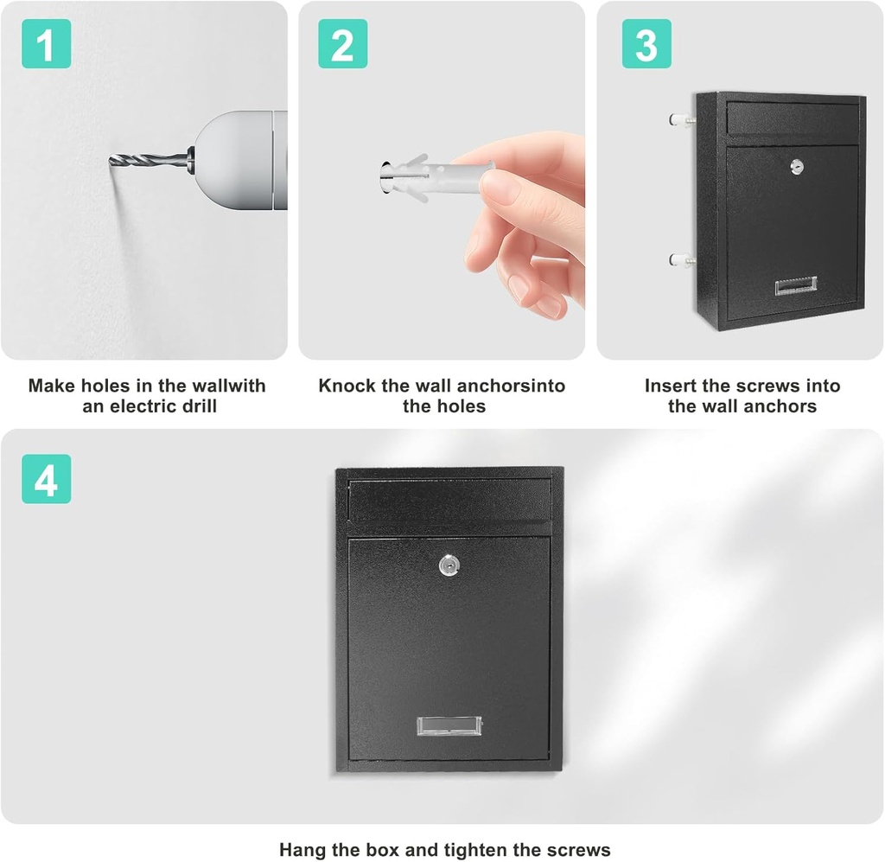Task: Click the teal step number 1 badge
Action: (46, 43)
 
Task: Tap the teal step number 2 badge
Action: (342, 43)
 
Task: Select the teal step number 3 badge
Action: (646, 43)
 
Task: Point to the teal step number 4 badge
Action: (46, 479)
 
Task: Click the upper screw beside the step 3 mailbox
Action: (683, 119)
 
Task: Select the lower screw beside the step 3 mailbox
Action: (683, 258)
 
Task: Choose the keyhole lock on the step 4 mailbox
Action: (449, 566)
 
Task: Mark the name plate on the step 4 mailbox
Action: (449, 726)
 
